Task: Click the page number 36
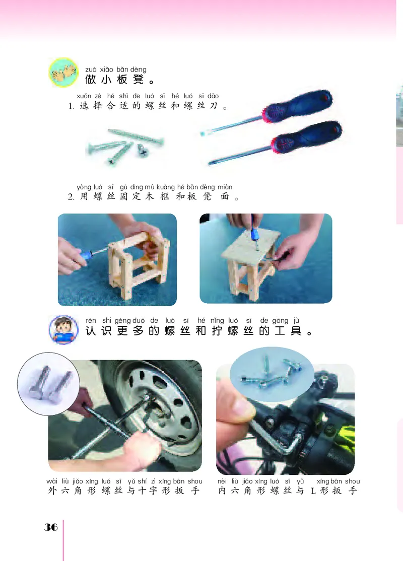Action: (51, 527)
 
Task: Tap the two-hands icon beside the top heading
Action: (63, 73)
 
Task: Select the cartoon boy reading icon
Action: (63, 329)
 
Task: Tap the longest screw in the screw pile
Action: (136, 136)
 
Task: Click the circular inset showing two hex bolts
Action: (48, 384)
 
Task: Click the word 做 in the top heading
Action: (91, 80)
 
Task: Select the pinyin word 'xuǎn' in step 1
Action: (84, 96)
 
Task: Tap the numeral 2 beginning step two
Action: (71, 197)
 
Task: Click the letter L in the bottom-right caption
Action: (313, 491)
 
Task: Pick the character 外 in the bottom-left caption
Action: (52, 490)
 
